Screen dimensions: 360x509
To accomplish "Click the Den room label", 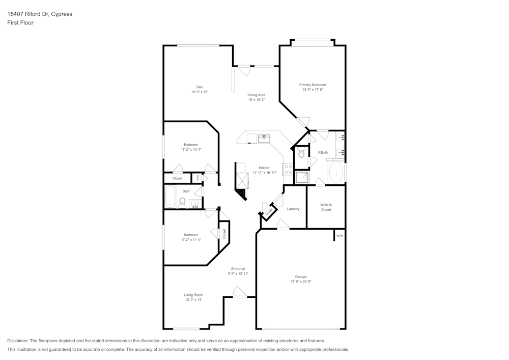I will click(x=199, y=86).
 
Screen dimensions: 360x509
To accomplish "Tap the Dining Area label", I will click(x=257, y=95).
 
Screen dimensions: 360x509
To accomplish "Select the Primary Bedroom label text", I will click(x=312, y=85).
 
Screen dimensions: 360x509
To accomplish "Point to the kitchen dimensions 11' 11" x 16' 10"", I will click(x=265, y=173).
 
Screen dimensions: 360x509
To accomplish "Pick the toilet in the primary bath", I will click(x=301, y=154).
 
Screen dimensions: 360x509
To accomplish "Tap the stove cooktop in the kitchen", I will click(x=288, y=170).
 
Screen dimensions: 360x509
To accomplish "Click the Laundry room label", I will click(x=293, y=209).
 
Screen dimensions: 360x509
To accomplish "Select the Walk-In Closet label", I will click(x=326, y=207).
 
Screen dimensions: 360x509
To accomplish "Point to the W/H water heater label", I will click(x=340, y=236).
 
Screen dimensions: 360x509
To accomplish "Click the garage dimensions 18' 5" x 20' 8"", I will click(x=301, y=281).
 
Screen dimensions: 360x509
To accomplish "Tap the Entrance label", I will click(x=238, y=269).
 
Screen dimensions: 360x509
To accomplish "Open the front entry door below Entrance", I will click(x=239, y=292).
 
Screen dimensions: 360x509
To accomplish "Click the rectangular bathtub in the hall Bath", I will click(x=170, y=197).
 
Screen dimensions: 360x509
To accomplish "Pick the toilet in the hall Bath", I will click(x=182, y=203).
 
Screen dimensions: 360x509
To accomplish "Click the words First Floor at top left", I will click(x=20, y=23).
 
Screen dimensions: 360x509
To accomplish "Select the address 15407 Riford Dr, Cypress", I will click(x=40, y=14).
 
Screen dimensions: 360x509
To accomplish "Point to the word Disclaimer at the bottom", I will click(x=18, y=341).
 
